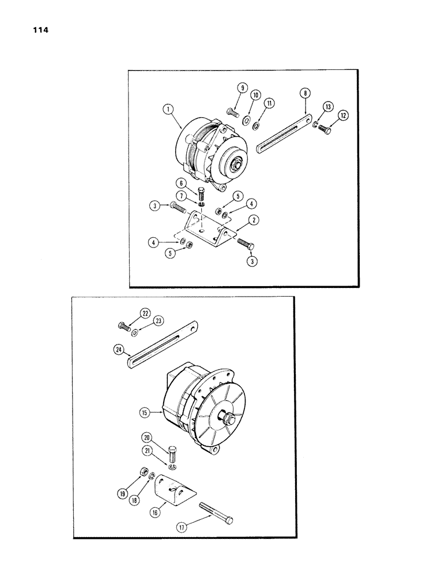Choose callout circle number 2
253,219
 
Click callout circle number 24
119,350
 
